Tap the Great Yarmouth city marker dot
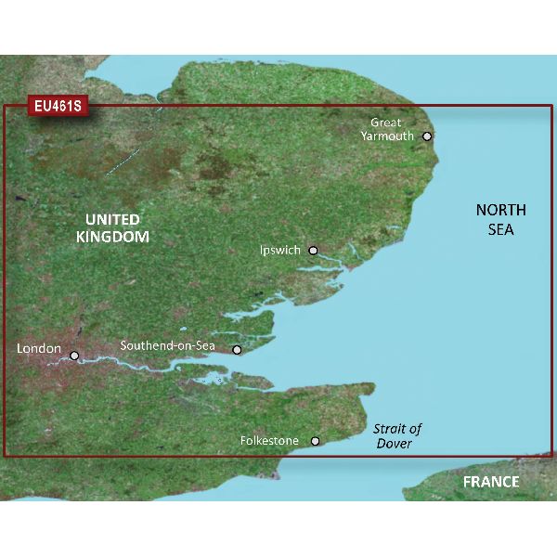[x=427, y=136]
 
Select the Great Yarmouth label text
[x=388, y=129]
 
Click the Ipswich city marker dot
[x=314, y=251]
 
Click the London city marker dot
[x=74, y=354]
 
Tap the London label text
[x=39, y=349]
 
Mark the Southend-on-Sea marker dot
[x=237, y=350]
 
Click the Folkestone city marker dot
[x=316, y=442]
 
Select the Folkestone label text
[x=269, y=440]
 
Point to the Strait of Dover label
[x=397, y=436]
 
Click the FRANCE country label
[x=492, y=483]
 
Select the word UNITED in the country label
[x=112, y=220]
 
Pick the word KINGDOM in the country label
[x=112, y=238]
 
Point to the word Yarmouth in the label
[x=388, y=136]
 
